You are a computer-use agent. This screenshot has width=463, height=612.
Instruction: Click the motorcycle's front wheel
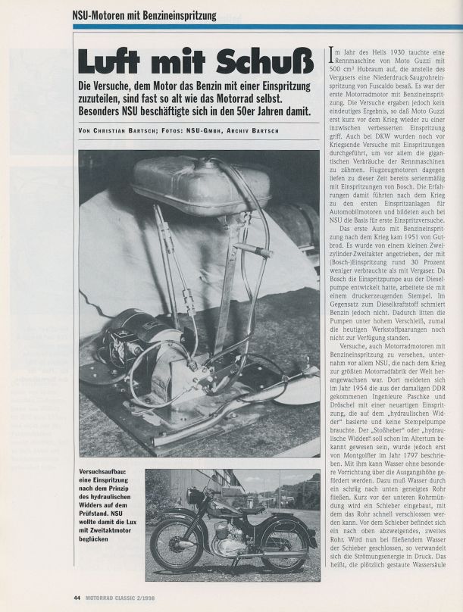coord(177,545)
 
